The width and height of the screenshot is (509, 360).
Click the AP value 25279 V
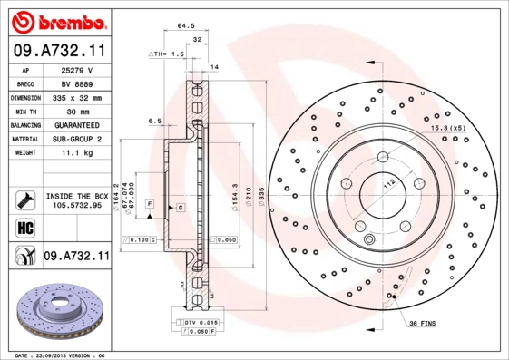tap(78, 70)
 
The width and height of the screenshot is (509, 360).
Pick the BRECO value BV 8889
tap(78, 83)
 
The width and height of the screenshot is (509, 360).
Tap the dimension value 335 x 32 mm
tap(78, 97)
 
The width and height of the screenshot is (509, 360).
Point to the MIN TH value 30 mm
tap(78, 111)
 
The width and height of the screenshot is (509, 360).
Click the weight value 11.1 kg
tap(78, 154)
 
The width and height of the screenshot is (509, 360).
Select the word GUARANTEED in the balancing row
tap(78, 125)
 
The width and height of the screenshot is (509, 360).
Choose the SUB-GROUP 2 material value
tap(78, 140)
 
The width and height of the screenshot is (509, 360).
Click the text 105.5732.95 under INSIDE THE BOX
tap(78, 206)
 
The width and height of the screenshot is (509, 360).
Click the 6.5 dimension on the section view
tap(154, 121)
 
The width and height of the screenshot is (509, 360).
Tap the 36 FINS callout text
tap(424, 325)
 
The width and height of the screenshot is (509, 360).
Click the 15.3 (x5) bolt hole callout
tap(447, 129)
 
